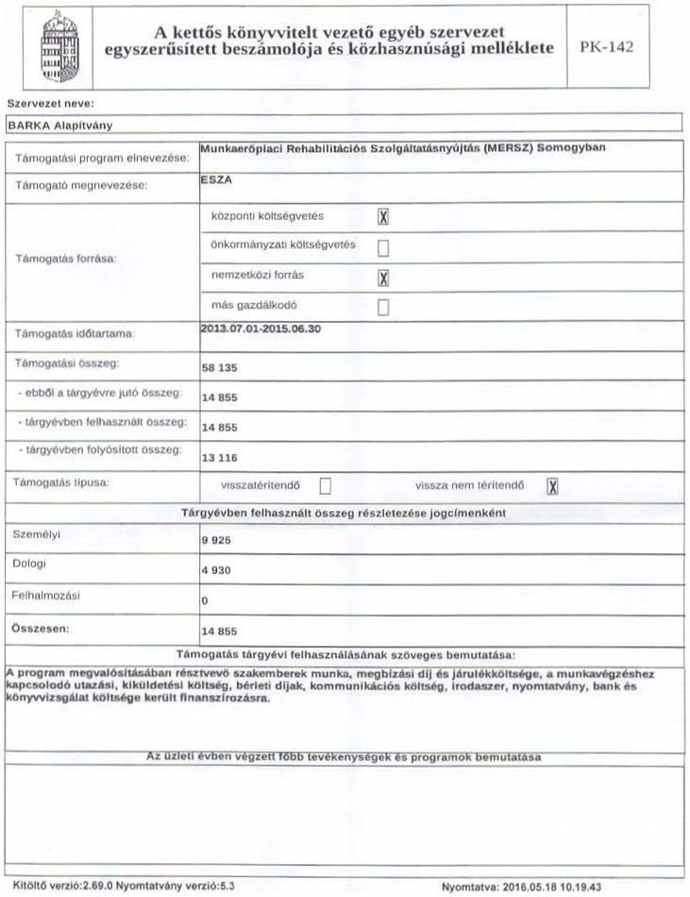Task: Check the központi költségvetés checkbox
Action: point(384,216)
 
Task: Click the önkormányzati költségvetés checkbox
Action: point(384,247)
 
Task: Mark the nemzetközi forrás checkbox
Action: point(384,278)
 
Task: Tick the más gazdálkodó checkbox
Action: point(384,307)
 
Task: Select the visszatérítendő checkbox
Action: point(326,486)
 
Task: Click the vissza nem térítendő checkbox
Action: point(553,486)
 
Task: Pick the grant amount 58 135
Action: point(221,368)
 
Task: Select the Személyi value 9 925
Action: point(216,541)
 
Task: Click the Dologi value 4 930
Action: point(216,571)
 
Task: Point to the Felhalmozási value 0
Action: point(205,600)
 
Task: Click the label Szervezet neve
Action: point(53,101)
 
